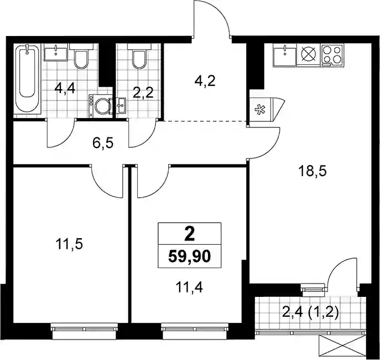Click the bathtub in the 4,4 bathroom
[28, 79]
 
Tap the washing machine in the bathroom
[101, 106]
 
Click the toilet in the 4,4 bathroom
[81, 56]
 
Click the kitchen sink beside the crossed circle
[285, 55]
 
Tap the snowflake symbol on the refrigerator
[260, 109]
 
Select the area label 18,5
[313, 171]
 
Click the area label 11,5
[69, 244]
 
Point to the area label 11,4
[189, 287]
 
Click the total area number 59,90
[189, 256]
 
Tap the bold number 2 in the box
[190, 234]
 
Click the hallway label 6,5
[103, 143]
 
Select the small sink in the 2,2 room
[121, 105]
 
